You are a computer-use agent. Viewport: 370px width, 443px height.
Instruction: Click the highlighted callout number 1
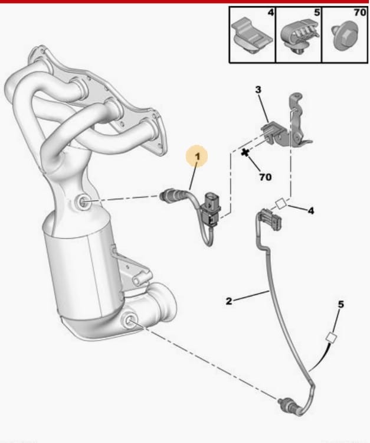click(198, 157)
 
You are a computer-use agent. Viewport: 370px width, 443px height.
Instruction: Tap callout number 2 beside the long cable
click(228, 301)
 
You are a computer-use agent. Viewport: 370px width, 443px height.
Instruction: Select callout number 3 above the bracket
click(258, 90)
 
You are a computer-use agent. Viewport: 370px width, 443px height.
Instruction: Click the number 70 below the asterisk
click(266, 177)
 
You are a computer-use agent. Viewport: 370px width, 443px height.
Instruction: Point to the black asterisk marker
click(245, 153)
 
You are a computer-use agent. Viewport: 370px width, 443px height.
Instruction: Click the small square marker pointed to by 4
click(281, 204)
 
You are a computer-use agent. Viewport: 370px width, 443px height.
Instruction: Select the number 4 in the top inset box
click(270, 12)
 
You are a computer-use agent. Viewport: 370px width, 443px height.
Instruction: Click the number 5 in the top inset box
click(317, 12)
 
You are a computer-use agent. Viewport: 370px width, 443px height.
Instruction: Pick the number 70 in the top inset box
click(360, 12)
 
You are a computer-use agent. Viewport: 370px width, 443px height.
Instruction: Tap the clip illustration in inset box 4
click(251, 36)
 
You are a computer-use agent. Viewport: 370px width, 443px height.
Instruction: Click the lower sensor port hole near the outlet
click(129, 320)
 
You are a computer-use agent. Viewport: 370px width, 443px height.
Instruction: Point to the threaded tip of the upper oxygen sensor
click(163, 196)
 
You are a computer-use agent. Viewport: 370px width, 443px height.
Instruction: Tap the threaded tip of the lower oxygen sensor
click(281, 401)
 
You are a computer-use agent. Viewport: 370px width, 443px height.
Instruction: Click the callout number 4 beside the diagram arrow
click(311, 211)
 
